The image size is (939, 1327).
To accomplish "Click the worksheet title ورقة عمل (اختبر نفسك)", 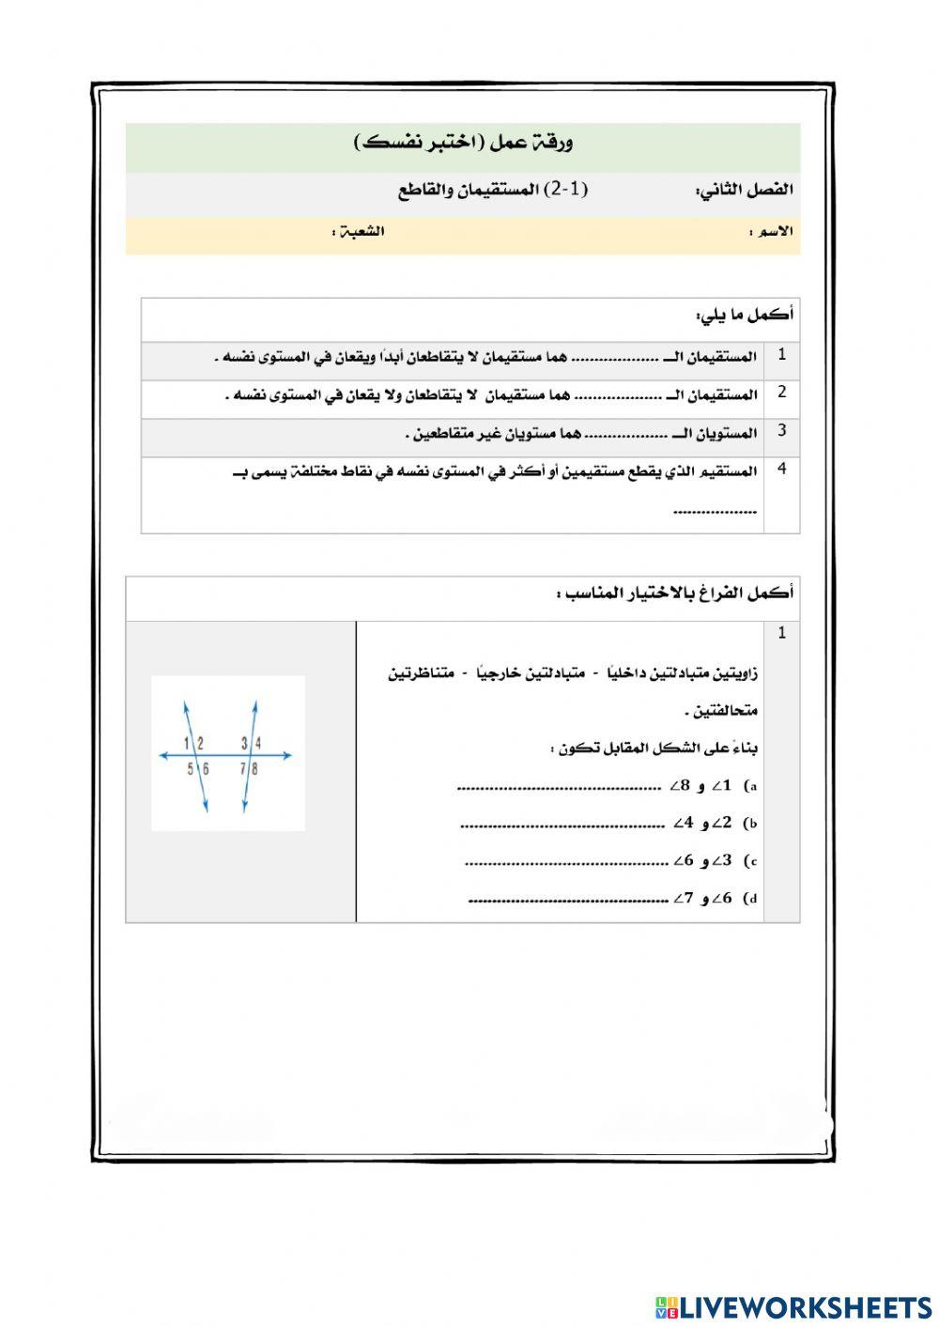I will pos(464,143).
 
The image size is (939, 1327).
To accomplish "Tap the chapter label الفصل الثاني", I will pos(745,190).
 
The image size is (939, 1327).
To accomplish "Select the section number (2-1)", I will pos(568,189).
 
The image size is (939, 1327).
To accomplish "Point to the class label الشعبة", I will pos(359,231).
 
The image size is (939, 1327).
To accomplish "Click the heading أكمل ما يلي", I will pos(745,315).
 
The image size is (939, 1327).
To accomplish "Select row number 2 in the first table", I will pos(781,393).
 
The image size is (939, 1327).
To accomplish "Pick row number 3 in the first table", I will pos(781,431).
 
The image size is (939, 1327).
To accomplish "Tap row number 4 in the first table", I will pos(781,469).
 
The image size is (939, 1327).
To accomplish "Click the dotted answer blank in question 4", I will pos(716,512).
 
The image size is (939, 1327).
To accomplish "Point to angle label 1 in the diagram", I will pos(187,744).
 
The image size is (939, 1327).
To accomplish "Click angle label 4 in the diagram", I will pos(258,744).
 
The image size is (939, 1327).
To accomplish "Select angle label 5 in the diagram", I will pos(190,769).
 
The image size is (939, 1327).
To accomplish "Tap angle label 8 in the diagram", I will pos(255,769).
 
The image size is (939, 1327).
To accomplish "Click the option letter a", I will pos(751,786).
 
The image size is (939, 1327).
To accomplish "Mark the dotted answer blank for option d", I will pos(568,900).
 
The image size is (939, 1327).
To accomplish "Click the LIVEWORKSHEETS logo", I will pos(793,1306).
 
